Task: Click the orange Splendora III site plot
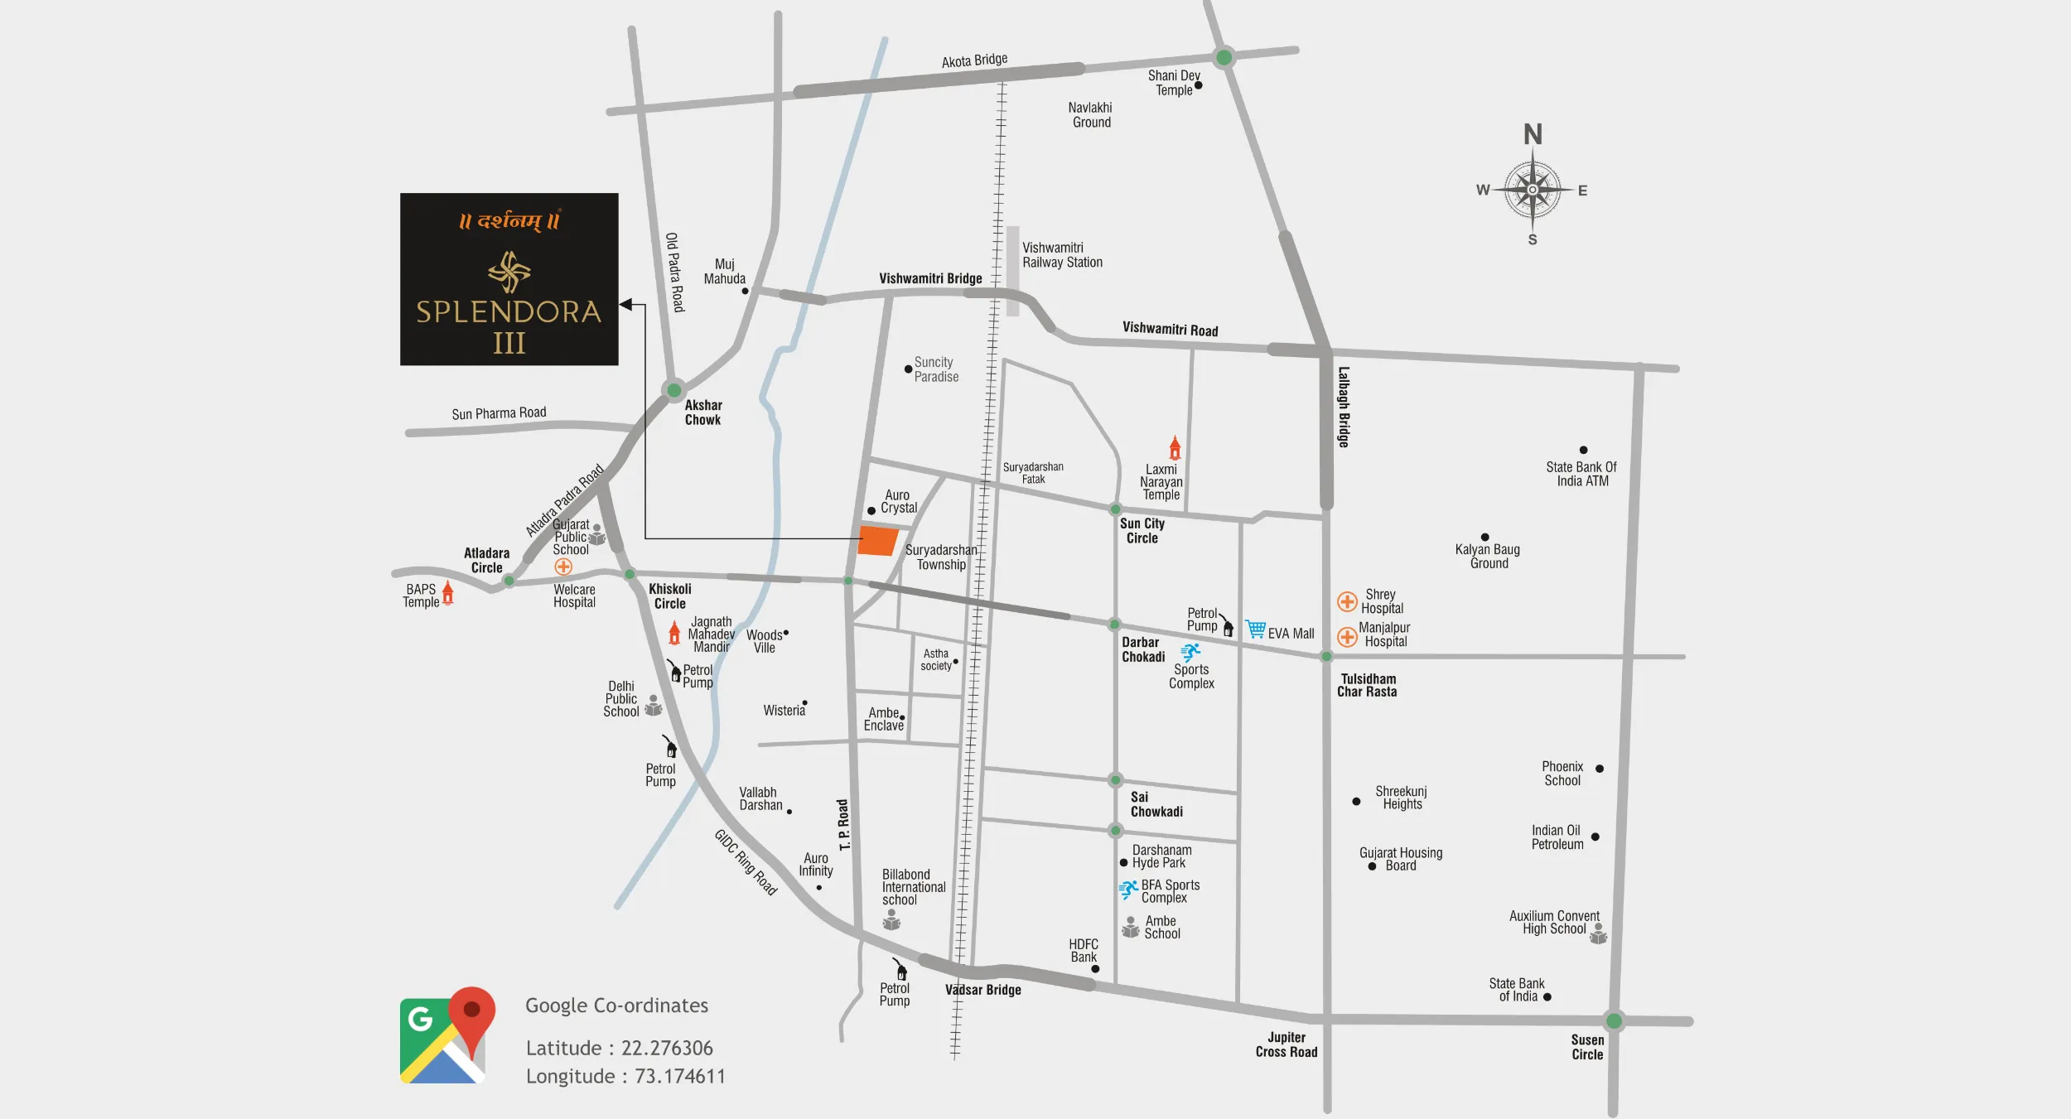pyautogui.click(x=877, y=541)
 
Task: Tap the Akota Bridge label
pyautogui.click(x=974, y=60)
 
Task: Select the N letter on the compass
pyautogui.click(x=1533, y=134)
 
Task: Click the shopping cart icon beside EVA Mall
pyautogui.click(x=1256, y=629)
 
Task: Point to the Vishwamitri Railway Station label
pyautogui.click(x=1062, y=255)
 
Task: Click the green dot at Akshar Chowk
pyautogui.click(x=674, y=390)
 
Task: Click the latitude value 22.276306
pyautogui.click(x=667, y=1049)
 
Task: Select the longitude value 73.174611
pyautogui.click(x=680, y=1077)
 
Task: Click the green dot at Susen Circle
pyautogui.click(x=1614, y=1020)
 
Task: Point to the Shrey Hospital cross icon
pyautogui.click(x=1347, y=602)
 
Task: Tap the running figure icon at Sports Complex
pyautogui.click(x=1190, y=653)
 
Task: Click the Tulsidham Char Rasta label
pyautogui.click(x=1367, y=685)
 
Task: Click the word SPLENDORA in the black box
pyautogui.click(x=509, y=312)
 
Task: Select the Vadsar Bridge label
pyautogui.click(x=983, y=990)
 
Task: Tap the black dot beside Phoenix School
pyautogui.click(x=1600, y=769)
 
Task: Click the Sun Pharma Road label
pyautogui.click(x=499, y=413)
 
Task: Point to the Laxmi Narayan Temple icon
pyautogui.click(x=1175, y=448)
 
